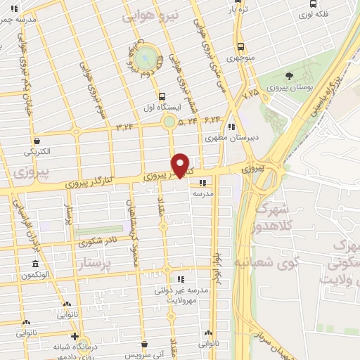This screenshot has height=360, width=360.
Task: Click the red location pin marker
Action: point(181,165)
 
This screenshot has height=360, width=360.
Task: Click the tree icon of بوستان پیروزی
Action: point(289,75)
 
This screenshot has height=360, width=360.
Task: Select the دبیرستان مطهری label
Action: point(229,139)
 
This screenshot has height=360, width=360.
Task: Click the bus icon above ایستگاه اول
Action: point(163,96)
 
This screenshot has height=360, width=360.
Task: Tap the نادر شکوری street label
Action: point(98,243)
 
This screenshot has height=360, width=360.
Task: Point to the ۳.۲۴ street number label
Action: point(124,127)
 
